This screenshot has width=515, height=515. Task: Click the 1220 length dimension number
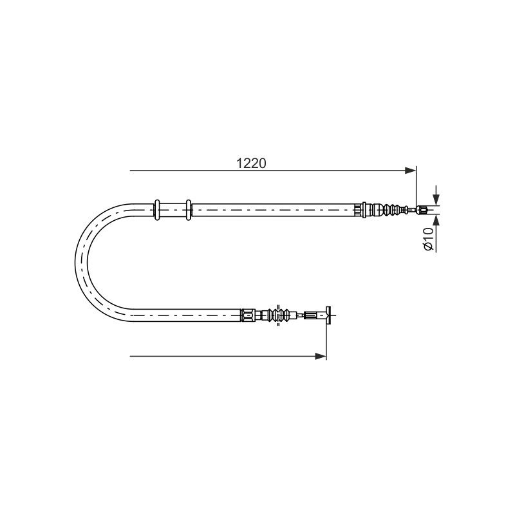pyautogui.click(x=251, y=164)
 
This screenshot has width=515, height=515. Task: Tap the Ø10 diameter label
pyautogui.click(x=429, y=239)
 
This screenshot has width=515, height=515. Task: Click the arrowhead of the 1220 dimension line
pyautogui.click(x=410, y=171)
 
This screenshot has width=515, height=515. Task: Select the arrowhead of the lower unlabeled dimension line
pyautogui.click(x=321, y=356)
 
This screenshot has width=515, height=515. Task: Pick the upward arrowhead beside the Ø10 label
pyautogui.click(x=436, y=221)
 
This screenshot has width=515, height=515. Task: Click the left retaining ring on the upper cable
pyautogui.click(x=157, y=210)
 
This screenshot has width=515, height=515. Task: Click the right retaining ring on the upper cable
pyautogui.click(x=189, y=210)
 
